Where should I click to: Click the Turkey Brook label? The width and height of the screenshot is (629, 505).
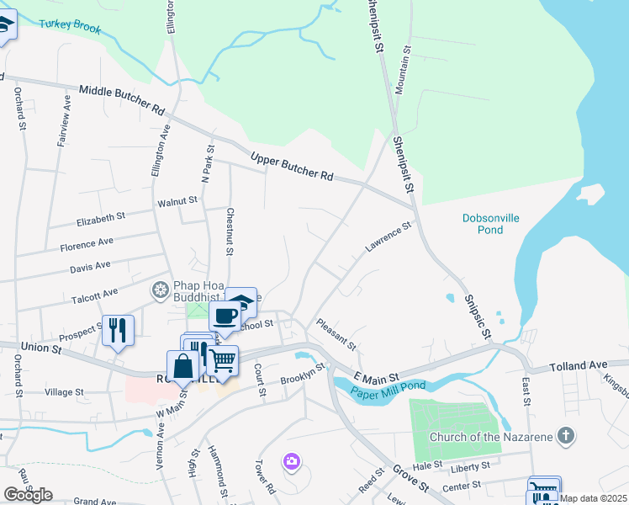click(x=76, y=26)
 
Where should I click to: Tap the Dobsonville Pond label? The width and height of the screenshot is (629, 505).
click(x=491, y=224)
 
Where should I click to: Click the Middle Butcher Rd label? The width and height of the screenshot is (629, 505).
click(x=122, y=99)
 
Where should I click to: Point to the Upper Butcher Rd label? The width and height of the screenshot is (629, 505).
click(x=292, y=165)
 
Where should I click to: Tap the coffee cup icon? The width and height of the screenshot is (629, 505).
click(x=224, y=316)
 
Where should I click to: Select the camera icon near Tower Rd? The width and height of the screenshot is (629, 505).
click(x=292, y=460)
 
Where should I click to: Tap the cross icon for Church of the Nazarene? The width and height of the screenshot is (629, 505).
click(x=567, y=436)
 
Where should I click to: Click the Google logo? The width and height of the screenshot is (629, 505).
click(x=28, y=495)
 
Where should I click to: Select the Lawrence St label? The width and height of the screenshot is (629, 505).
click(x=388, y=237)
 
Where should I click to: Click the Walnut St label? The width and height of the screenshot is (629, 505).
click(x=177, y=202)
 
